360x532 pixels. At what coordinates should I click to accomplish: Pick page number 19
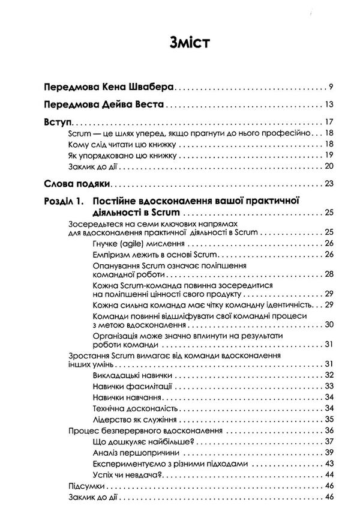pos(320,156)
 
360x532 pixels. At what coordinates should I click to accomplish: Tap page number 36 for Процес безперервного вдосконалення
pos(320,431)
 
